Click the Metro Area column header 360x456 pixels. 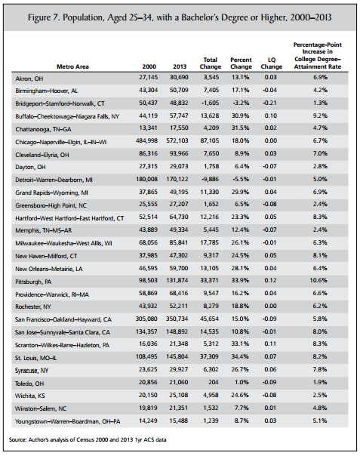[x=72, y=66]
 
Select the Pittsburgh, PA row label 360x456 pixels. [x=33, y=282]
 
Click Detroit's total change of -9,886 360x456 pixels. [x=210, y=179]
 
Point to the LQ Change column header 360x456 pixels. [x=271, y=63]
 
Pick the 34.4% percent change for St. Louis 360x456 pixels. [x=240, y=356]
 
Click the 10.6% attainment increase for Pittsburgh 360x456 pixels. [x=320, y=280]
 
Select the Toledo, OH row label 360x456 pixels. [x=29, y=384]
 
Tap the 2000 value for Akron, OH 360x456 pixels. [x=149, y=77]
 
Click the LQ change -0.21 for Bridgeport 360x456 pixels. [x=269, y=103]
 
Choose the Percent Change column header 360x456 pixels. [x=241, y=63]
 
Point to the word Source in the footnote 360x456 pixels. [x=17, y=439]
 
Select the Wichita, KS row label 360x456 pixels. [x=30, y=396]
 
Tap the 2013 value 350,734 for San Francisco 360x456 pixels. [x=177, y=319]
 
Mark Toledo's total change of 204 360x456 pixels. [x=213, y=382]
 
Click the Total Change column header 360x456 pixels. [x=211, y=63]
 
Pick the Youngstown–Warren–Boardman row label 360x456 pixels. [x=68, y=421]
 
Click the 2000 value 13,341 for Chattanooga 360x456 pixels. [x=149, y=128]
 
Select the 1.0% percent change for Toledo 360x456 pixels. [x=242, y=382]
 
